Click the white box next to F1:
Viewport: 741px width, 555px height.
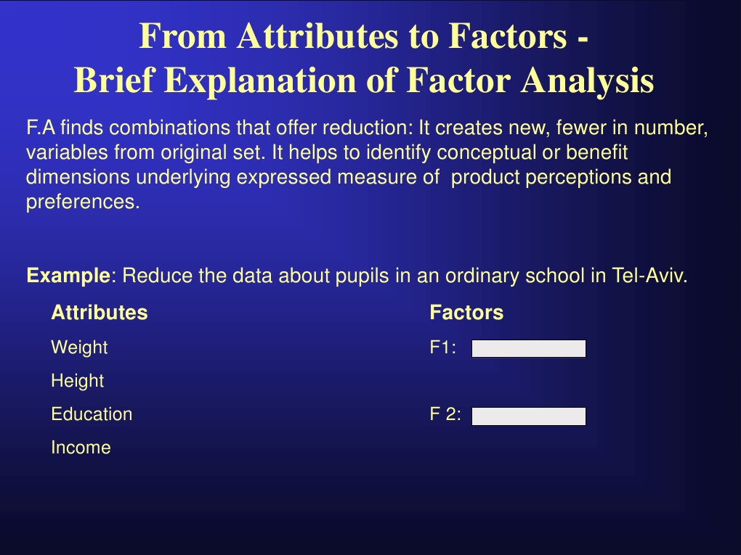coord(528,349)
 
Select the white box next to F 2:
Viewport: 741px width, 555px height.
coord(528,416)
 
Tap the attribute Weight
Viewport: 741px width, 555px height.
coord(79,348)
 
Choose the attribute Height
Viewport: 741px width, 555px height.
coord(77,381)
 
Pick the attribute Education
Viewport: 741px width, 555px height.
coord(92,414)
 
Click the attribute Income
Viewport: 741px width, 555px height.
coord(81,448)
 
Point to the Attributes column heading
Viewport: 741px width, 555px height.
coord(99,313)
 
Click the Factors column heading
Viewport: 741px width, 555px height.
coord(466,313)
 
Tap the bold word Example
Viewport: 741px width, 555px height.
coord(68,276)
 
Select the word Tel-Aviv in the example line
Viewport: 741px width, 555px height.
coord(653,276)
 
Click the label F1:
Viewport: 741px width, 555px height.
coord(443,348)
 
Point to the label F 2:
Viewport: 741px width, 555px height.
coord(445,414)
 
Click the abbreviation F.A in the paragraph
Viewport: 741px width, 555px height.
coord(41,129)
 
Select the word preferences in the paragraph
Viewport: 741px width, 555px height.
coord(81,202)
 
